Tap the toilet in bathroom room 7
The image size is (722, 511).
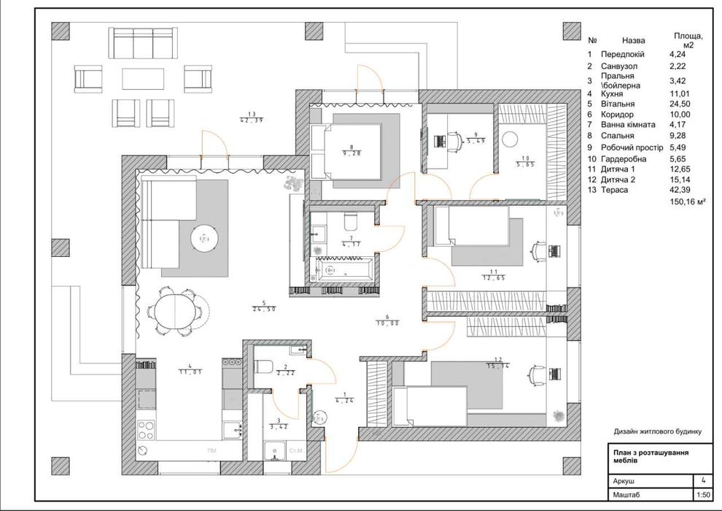click(x=349, y=221)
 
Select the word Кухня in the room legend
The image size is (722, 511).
click(x=614, y=94)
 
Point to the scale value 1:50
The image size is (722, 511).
click(x=702, y=495)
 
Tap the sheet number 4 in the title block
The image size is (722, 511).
click(x=702, y=480)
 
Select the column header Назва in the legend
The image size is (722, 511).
click(x=634, y=42)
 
